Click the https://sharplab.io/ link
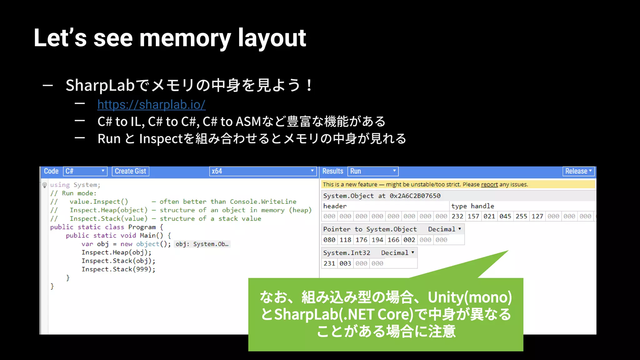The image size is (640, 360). coord(151,105)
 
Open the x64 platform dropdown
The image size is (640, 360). coord(262,171)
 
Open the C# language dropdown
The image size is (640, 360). coord(85,171)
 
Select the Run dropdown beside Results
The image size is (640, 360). coord(373,171)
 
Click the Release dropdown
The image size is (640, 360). coord(578,171)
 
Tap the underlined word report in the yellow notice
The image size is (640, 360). coord(489,184)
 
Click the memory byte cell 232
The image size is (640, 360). coord(457,216)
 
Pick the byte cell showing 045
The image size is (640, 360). coord(505,216)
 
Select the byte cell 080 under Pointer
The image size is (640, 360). coord(329,240)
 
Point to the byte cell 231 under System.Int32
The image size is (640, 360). coord(329,263)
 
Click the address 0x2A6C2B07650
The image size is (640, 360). coord(415,196)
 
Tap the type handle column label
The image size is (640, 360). coord(472,206)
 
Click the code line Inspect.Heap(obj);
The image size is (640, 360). coord(116,252)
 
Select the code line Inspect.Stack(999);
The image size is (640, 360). coord(118,269)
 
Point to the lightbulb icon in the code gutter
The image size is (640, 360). coord(45,185)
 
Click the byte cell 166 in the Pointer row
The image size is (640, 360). coord(393,240)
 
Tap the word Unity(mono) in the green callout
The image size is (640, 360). coord(470,297)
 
